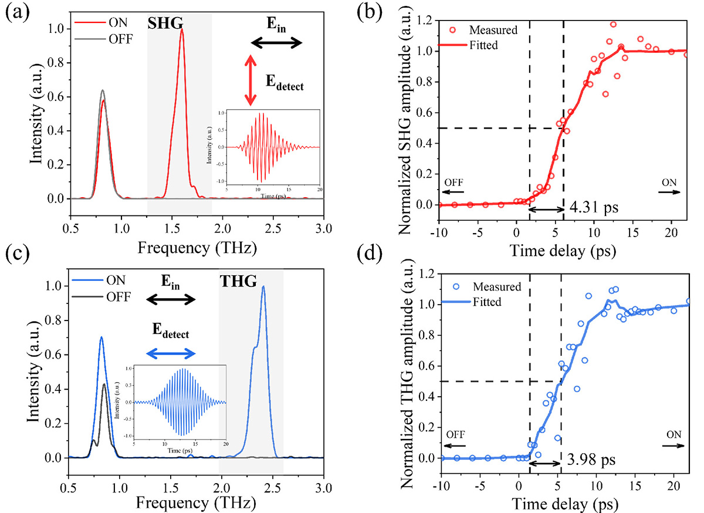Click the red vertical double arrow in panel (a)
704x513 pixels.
[x=251, y=81]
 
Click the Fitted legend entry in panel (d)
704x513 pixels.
[x=485, y=302]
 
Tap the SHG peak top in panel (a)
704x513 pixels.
[x=182, y=30]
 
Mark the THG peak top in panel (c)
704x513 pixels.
[x=263, y=287]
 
